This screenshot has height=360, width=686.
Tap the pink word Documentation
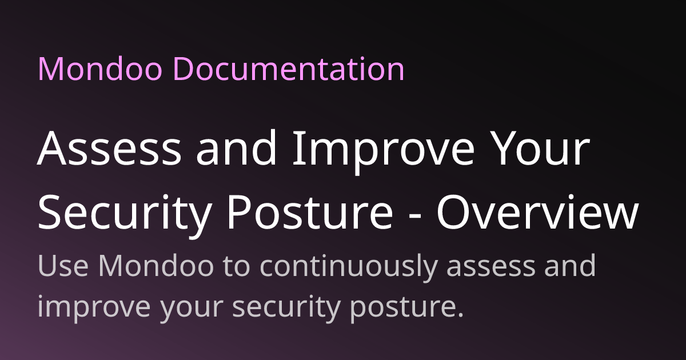(x=289, y=69)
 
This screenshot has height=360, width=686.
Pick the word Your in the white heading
(x=541, y=149)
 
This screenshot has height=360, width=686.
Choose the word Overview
(x=537, y=212)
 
